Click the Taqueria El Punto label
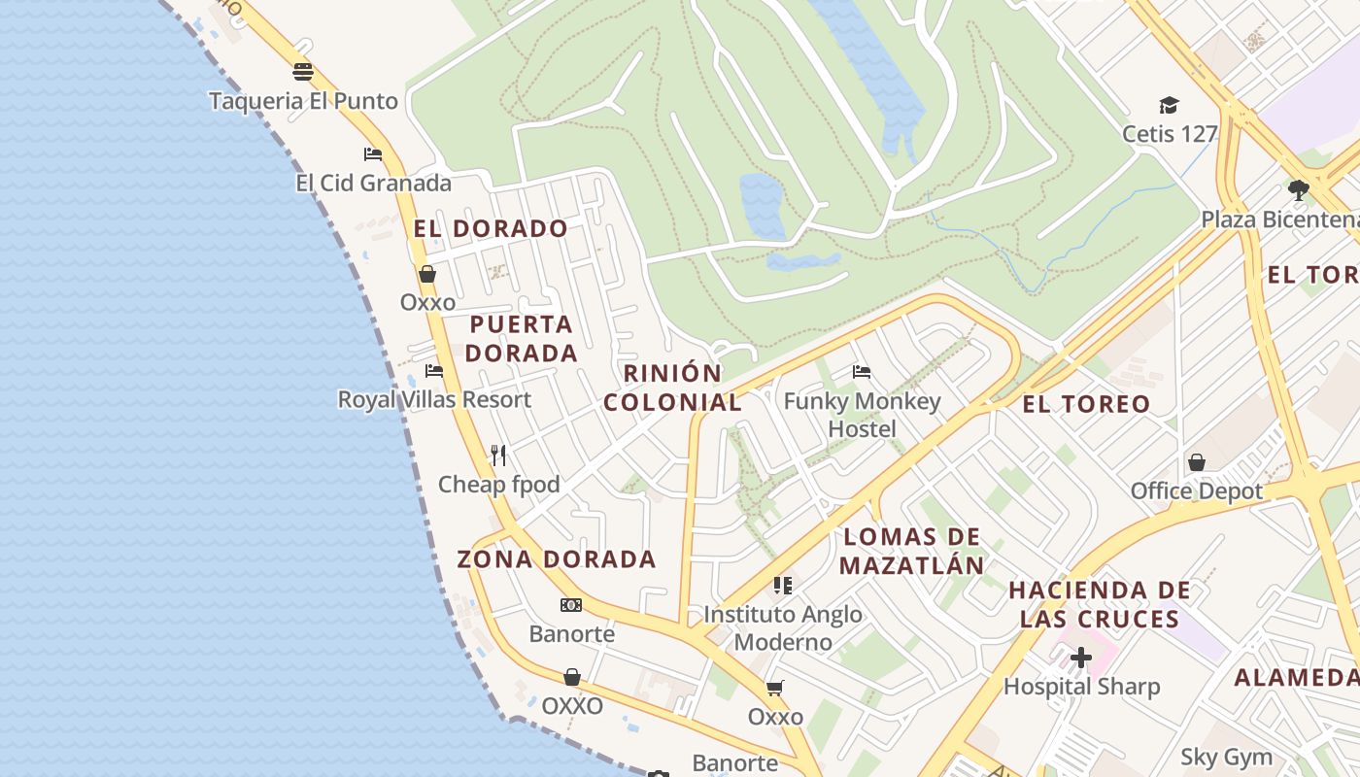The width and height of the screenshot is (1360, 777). pyautogui.click(x=303, y=101)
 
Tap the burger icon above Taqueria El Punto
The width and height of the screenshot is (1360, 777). pyautogui.click(x=303, y=72)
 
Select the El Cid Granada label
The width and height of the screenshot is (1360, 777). pyautogui.click(x=374, y=183)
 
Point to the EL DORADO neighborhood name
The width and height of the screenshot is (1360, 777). pyautogui.click(x=491, y=228)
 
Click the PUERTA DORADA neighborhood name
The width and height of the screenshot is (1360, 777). pyautogui.click(x=522, y=338)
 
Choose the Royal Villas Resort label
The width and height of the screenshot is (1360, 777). pyautogui.click(x=434, y=399)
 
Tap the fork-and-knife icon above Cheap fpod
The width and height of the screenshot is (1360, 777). pyautogui.click(x=499, y=455)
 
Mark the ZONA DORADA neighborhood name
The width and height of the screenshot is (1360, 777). pyautogui.click(x=557, y=559)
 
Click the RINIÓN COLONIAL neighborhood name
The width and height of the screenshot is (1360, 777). pyautogui.click(x=672, y=388)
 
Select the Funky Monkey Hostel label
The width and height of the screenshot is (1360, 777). pyautogui.click(x=863, y=415)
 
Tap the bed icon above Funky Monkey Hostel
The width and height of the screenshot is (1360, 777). pyautogui.click(x=862, y=371)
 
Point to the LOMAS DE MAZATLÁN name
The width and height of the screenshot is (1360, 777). pyautogui.click(x=911, y=551)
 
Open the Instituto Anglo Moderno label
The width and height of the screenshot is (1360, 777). pyautogui.click(x=783, y=627)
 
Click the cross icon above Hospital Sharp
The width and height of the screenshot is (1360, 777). pyautogui.click(x=1080, y=659)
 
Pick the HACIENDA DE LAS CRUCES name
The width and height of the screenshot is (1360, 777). pyautogui.click(x=1100, y=604)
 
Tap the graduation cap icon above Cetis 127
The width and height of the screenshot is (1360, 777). pyautogui.click(x=1169, y=105)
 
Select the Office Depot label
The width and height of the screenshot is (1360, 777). pyautogui.click(x=1197, y=490)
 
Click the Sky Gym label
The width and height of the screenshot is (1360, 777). pyautogui.click(x=1226, y=757)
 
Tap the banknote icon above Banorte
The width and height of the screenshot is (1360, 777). pyautogui.click(x=571, y=605)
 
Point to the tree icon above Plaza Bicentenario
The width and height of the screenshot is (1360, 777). pyautogui.click(x=1299, y=189)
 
